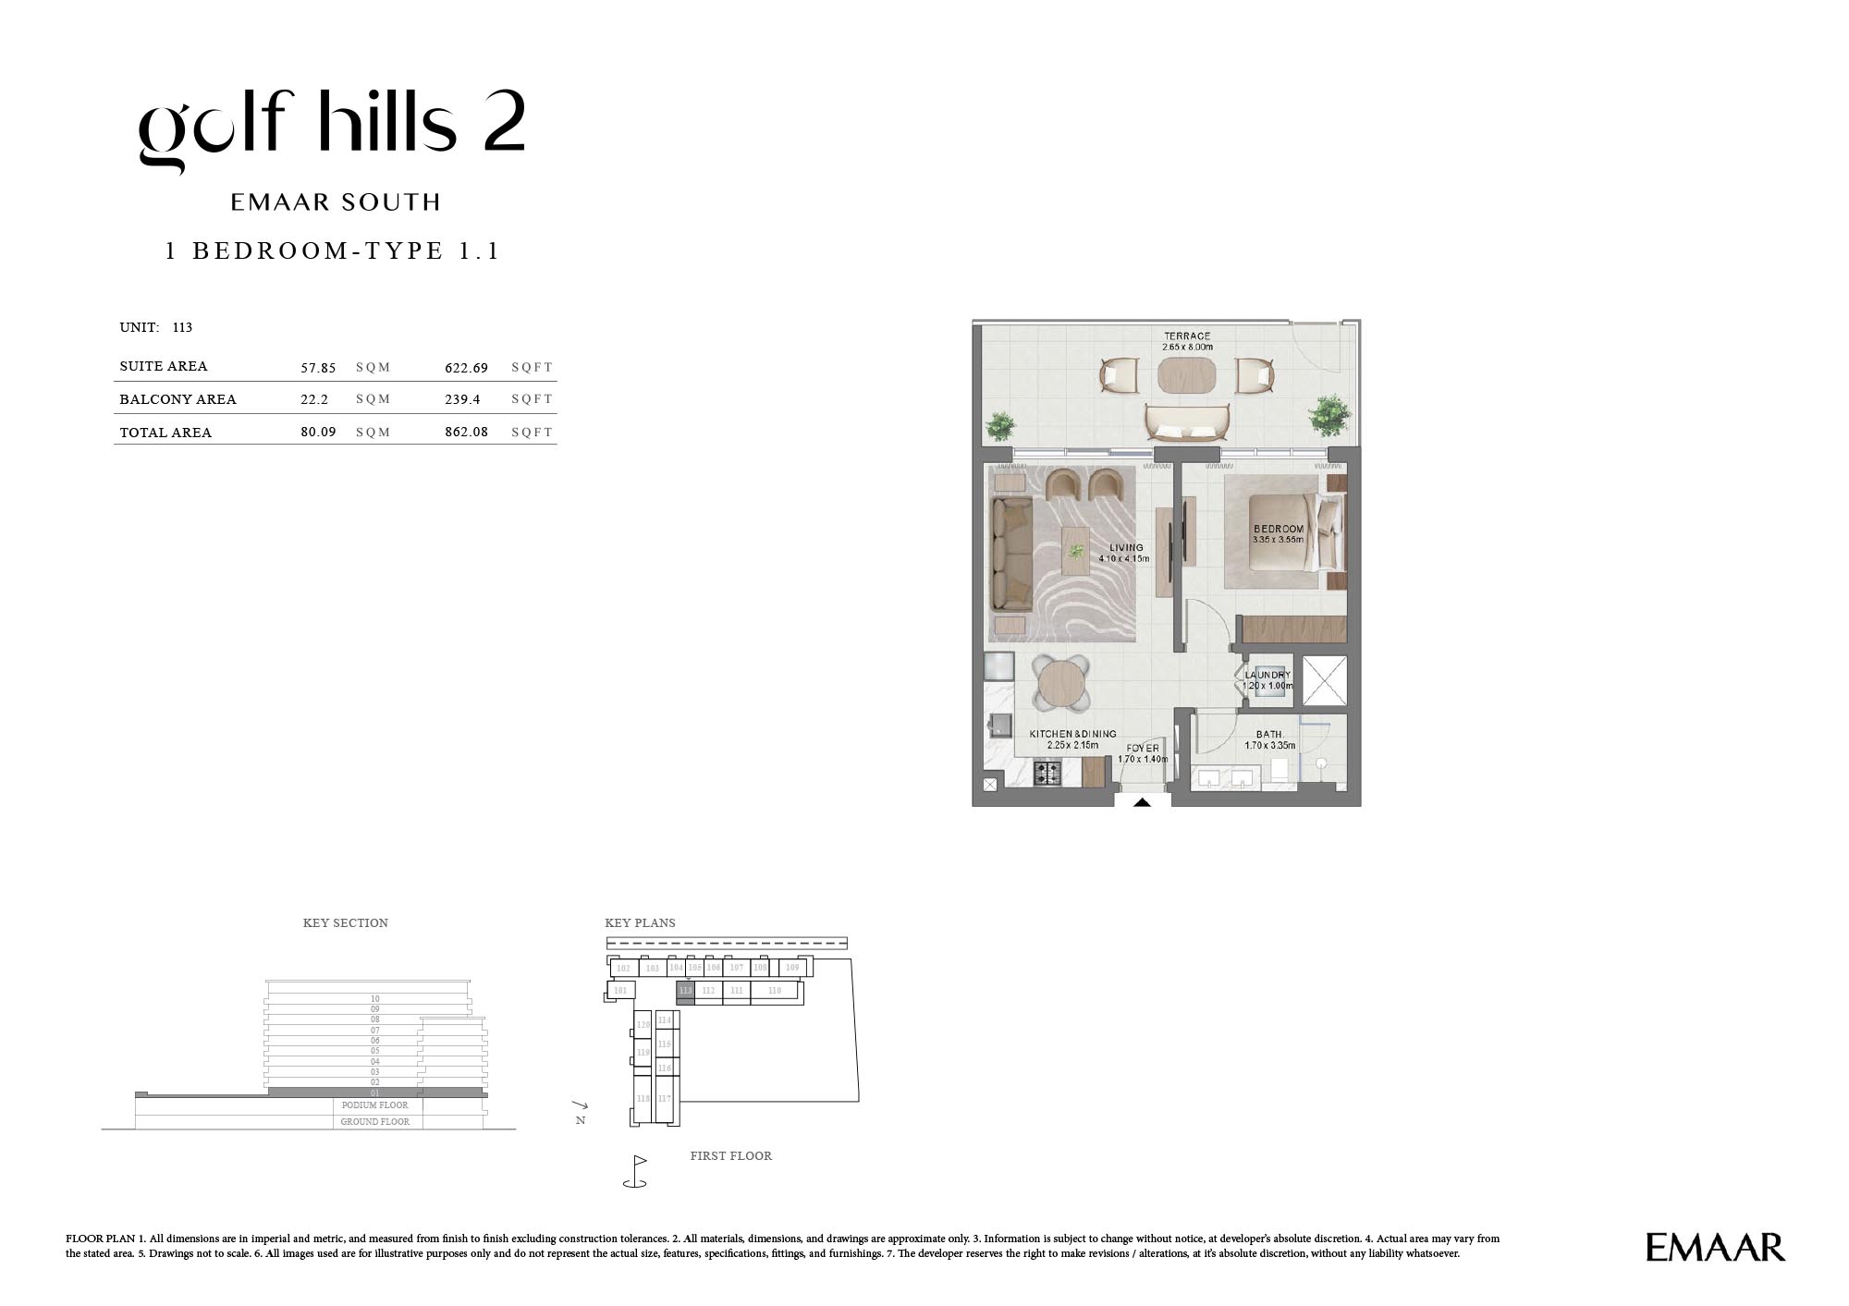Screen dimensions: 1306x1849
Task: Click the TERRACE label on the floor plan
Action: (1187, 336)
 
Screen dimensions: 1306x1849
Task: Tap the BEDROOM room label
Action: (1279, 530)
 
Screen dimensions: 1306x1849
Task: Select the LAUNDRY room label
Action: (1267, 676)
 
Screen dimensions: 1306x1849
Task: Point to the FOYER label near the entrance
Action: (1143, 749)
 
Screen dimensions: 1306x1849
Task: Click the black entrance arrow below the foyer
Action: (1142, 802)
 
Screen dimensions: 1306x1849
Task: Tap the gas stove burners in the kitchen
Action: (1047, 773)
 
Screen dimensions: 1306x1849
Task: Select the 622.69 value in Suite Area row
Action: (466, 368)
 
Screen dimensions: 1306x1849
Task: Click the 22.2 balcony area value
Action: (314, 399)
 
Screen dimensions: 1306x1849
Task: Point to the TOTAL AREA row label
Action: (165, 433)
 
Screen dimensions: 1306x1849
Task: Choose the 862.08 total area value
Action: (466, 432)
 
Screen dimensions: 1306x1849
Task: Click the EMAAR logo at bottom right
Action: (1715, 1247)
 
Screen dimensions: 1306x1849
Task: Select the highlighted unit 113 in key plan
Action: (685, 991)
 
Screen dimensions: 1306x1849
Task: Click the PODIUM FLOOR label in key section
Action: (374, 1105)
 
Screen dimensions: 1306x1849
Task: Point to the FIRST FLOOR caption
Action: (730, 1156)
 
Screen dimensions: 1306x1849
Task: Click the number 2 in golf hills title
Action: (504, 121)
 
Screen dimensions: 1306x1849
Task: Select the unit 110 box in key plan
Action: (775, 991)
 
